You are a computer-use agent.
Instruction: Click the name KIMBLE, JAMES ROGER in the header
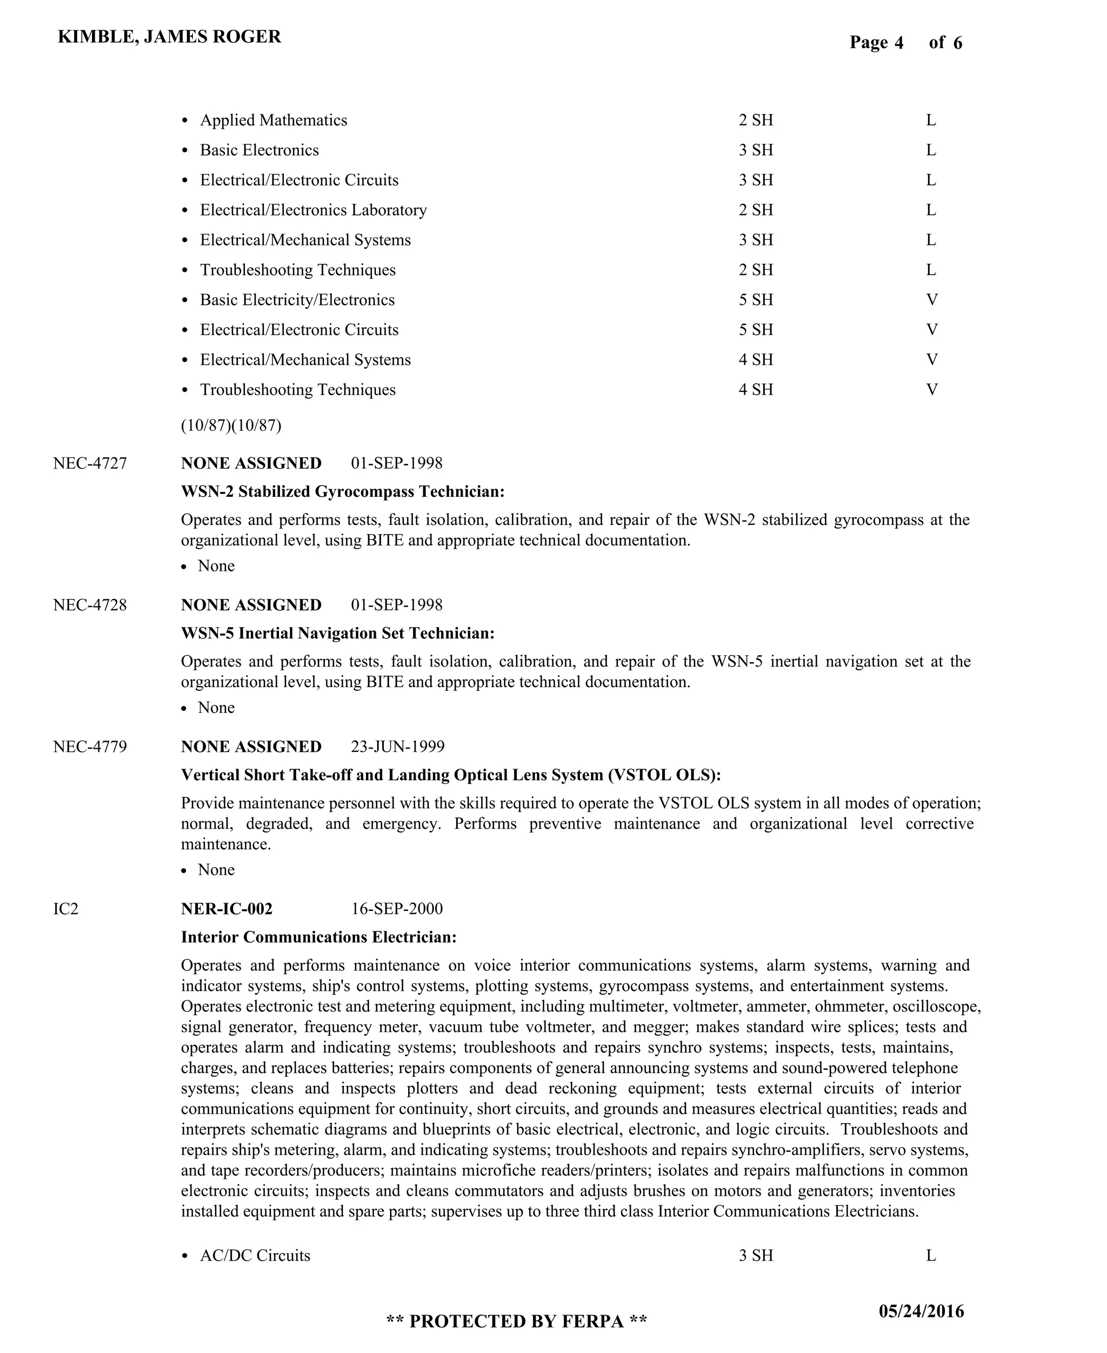click(169, 37)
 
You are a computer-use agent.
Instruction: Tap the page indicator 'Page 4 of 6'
click(905, 43)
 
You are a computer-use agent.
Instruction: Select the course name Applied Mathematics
click(274, 121)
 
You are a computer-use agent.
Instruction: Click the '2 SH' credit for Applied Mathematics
click(756, 121)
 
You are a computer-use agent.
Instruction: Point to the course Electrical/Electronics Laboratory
click(313, 210)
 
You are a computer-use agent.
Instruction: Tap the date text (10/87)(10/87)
click(231, 425)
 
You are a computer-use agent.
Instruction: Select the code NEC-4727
click(90, 464)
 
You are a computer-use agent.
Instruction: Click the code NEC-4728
click(90, 605)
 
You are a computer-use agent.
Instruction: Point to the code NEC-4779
click(90, 747)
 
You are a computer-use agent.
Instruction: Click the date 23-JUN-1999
click(397, 747)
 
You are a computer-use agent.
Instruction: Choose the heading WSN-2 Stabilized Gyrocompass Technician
click(343, 491)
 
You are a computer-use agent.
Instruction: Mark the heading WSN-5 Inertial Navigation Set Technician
click(337, 633)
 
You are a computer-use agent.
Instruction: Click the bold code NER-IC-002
click(226, 909)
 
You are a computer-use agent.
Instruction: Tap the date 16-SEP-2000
click(397, 909)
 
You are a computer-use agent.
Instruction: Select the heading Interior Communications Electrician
click(319, 937)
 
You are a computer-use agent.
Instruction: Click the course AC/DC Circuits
click(255, 1256)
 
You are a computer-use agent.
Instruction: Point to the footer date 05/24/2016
click(921, 1311)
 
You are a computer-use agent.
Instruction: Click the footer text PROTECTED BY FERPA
click(517, 1322)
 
